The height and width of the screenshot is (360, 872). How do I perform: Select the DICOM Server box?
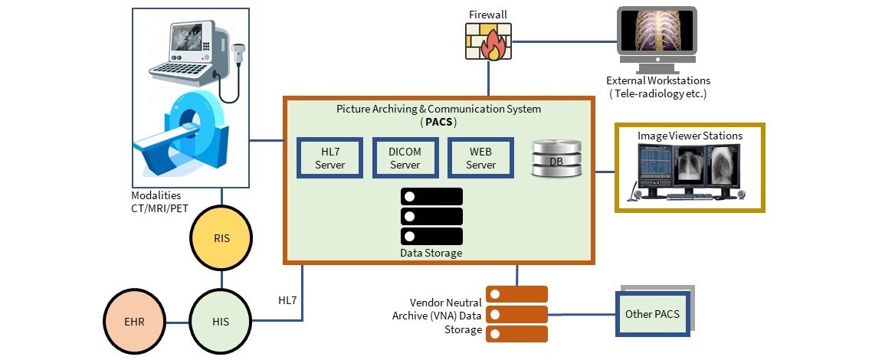click(x=405, y=159)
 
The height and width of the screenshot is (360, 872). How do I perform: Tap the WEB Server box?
click(x=480, y=159)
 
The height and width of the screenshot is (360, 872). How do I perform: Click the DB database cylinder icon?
click(x=556, y=159)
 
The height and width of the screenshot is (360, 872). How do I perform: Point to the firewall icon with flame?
click(x=488, y=41)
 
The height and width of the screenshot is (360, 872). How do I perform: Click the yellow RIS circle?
click(x=221, y=238)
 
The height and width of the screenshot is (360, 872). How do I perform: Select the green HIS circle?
click(x=221, y=321)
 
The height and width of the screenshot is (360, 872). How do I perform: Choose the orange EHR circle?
click(x=135, y=321)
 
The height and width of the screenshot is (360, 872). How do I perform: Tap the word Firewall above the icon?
click(x=488, y=15)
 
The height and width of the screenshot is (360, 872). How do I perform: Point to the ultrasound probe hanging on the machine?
click(x=238, y=54)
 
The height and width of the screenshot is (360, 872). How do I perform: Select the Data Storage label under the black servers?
click(x=431, y=253)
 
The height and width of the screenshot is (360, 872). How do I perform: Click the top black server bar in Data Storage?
click(x=431, y=196)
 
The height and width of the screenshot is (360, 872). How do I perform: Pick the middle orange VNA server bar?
click(x=517, y=314)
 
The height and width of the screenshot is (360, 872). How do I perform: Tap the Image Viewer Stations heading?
click(x=690, y=136)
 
